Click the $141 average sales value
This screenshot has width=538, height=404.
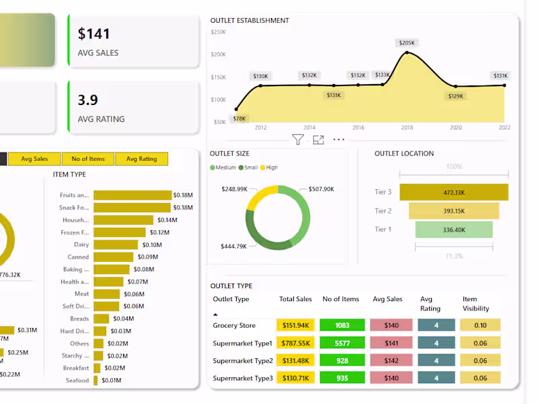pyautogui.click(x=94, y=34)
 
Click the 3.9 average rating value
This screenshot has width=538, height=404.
pyautogui.click(x=88, y=100)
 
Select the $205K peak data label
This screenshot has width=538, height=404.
pyautogui.click(x=407, y=43)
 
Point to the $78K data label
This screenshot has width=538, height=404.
pyautogui.click(x=239, y=119)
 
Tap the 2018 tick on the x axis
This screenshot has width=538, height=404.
pyautogui.click(x=407, y=127)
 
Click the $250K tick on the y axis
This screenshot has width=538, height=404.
pyautogui.click(x=219, y=32)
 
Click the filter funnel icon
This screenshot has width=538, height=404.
pyautogui.click(x=298, y=140)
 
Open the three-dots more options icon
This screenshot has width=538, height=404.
pyautogui.click(x=338, y=140)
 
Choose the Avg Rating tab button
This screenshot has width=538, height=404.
pyautogui.click(x=141, y=159)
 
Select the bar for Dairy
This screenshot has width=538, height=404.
pyautogui.click(x=118, y=244)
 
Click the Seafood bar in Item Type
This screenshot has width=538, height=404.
pyautogui.click(x=95, y=380)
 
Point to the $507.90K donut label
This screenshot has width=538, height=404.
pyautogui.click(x=321, y=189)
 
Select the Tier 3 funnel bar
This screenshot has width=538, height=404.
pyautogui.click(x=454, y=193)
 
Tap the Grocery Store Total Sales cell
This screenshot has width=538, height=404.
pyautogui.click(x=295, y=325)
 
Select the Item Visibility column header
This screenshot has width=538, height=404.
pyautogui.click(x=475, y=304)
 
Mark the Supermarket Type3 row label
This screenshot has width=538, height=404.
pyautogui.click(x=243, y=378)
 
